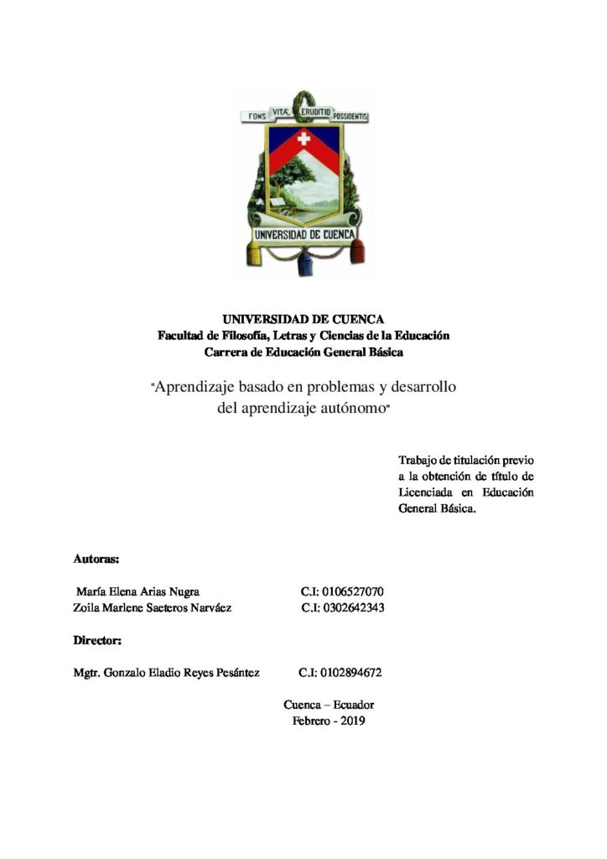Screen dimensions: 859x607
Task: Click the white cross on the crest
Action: [303, 138]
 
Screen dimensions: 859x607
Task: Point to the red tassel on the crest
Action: [357, 249]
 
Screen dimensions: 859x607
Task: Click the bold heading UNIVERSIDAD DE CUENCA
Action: [303, 319]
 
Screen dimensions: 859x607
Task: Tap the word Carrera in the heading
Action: [225, 352]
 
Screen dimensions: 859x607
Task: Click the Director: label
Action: [98, 641]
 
